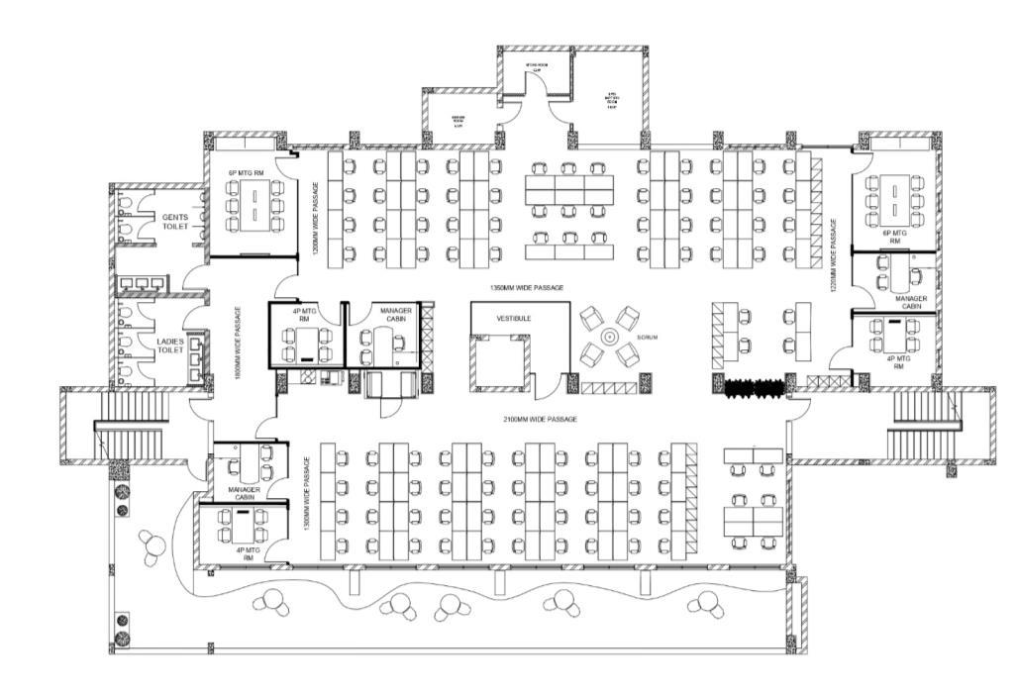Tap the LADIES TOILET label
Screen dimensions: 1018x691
[169, 345]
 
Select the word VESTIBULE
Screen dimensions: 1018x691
[513, 319]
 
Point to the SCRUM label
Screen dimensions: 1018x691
[648, 338]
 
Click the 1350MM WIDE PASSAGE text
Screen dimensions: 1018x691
[526, 287]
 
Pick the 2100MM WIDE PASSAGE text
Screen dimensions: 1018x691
[540, 420]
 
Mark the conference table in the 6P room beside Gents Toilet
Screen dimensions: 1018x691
[254, 208]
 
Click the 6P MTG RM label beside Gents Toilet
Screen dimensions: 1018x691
[247, 173]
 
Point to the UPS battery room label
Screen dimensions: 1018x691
[611, 102]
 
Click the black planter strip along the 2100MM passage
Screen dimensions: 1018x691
[754, 388]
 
